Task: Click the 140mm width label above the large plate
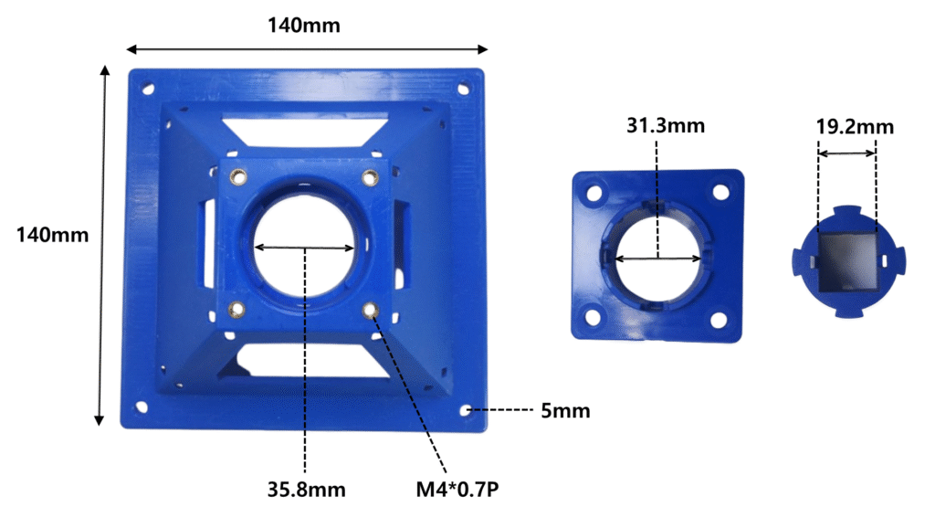click(303, 26)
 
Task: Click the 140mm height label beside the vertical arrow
click(52, 235)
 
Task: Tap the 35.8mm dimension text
click(307, 490)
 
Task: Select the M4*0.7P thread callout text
click(457, 490)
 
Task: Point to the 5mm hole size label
click(565, 410)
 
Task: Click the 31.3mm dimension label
click(666, 125)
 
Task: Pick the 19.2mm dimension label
click(855, 126)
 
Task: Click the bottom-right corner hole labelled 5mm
click(466, 410)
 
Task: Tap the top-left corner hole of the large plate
click(147, 90)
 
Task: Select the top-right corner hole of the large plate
click(463, 90)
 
